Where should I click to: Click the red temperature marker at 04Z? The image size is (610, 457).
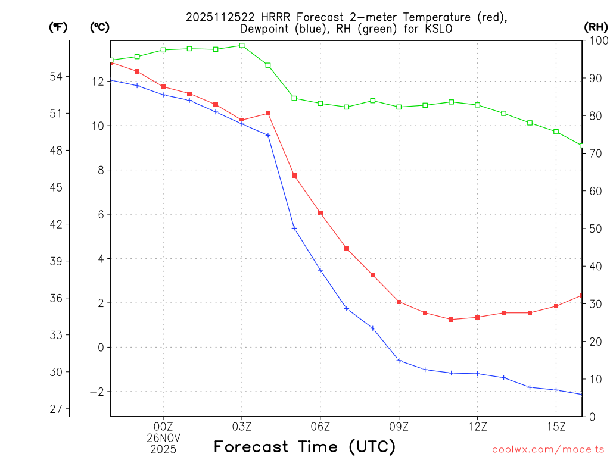268,113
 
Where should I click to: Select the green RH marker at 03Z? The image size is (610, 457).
242,45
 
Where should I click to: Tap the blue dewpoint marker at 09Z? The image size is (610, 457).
399,361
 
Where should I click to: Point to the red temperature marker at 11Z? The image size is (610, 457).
452,320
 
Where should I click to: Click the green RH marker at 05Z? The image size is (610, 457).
294,98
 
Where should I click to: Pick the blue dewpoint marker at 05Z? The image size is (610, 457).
294,228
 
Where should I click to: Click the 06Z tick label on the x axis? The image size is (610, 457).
320,426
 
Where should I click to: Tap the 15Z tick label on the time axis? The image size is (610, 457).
556,426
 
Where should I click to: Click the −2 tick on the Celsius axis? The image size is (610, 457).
97,392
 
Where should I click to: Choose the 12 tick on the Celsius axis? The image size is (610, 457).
98,82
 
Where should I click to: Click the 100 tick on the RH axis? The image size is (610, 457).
596,40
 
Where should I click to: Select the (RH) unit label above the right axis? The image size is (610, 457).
596,27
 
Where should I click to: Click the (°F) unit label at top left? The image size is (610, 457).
58,27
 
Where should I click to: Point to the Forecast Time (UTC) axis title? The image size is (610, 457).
304,446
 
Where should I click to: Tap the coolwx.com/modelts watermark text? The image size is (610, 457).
548,449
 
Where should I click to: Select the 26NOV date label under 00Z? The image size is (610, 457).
163,437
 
